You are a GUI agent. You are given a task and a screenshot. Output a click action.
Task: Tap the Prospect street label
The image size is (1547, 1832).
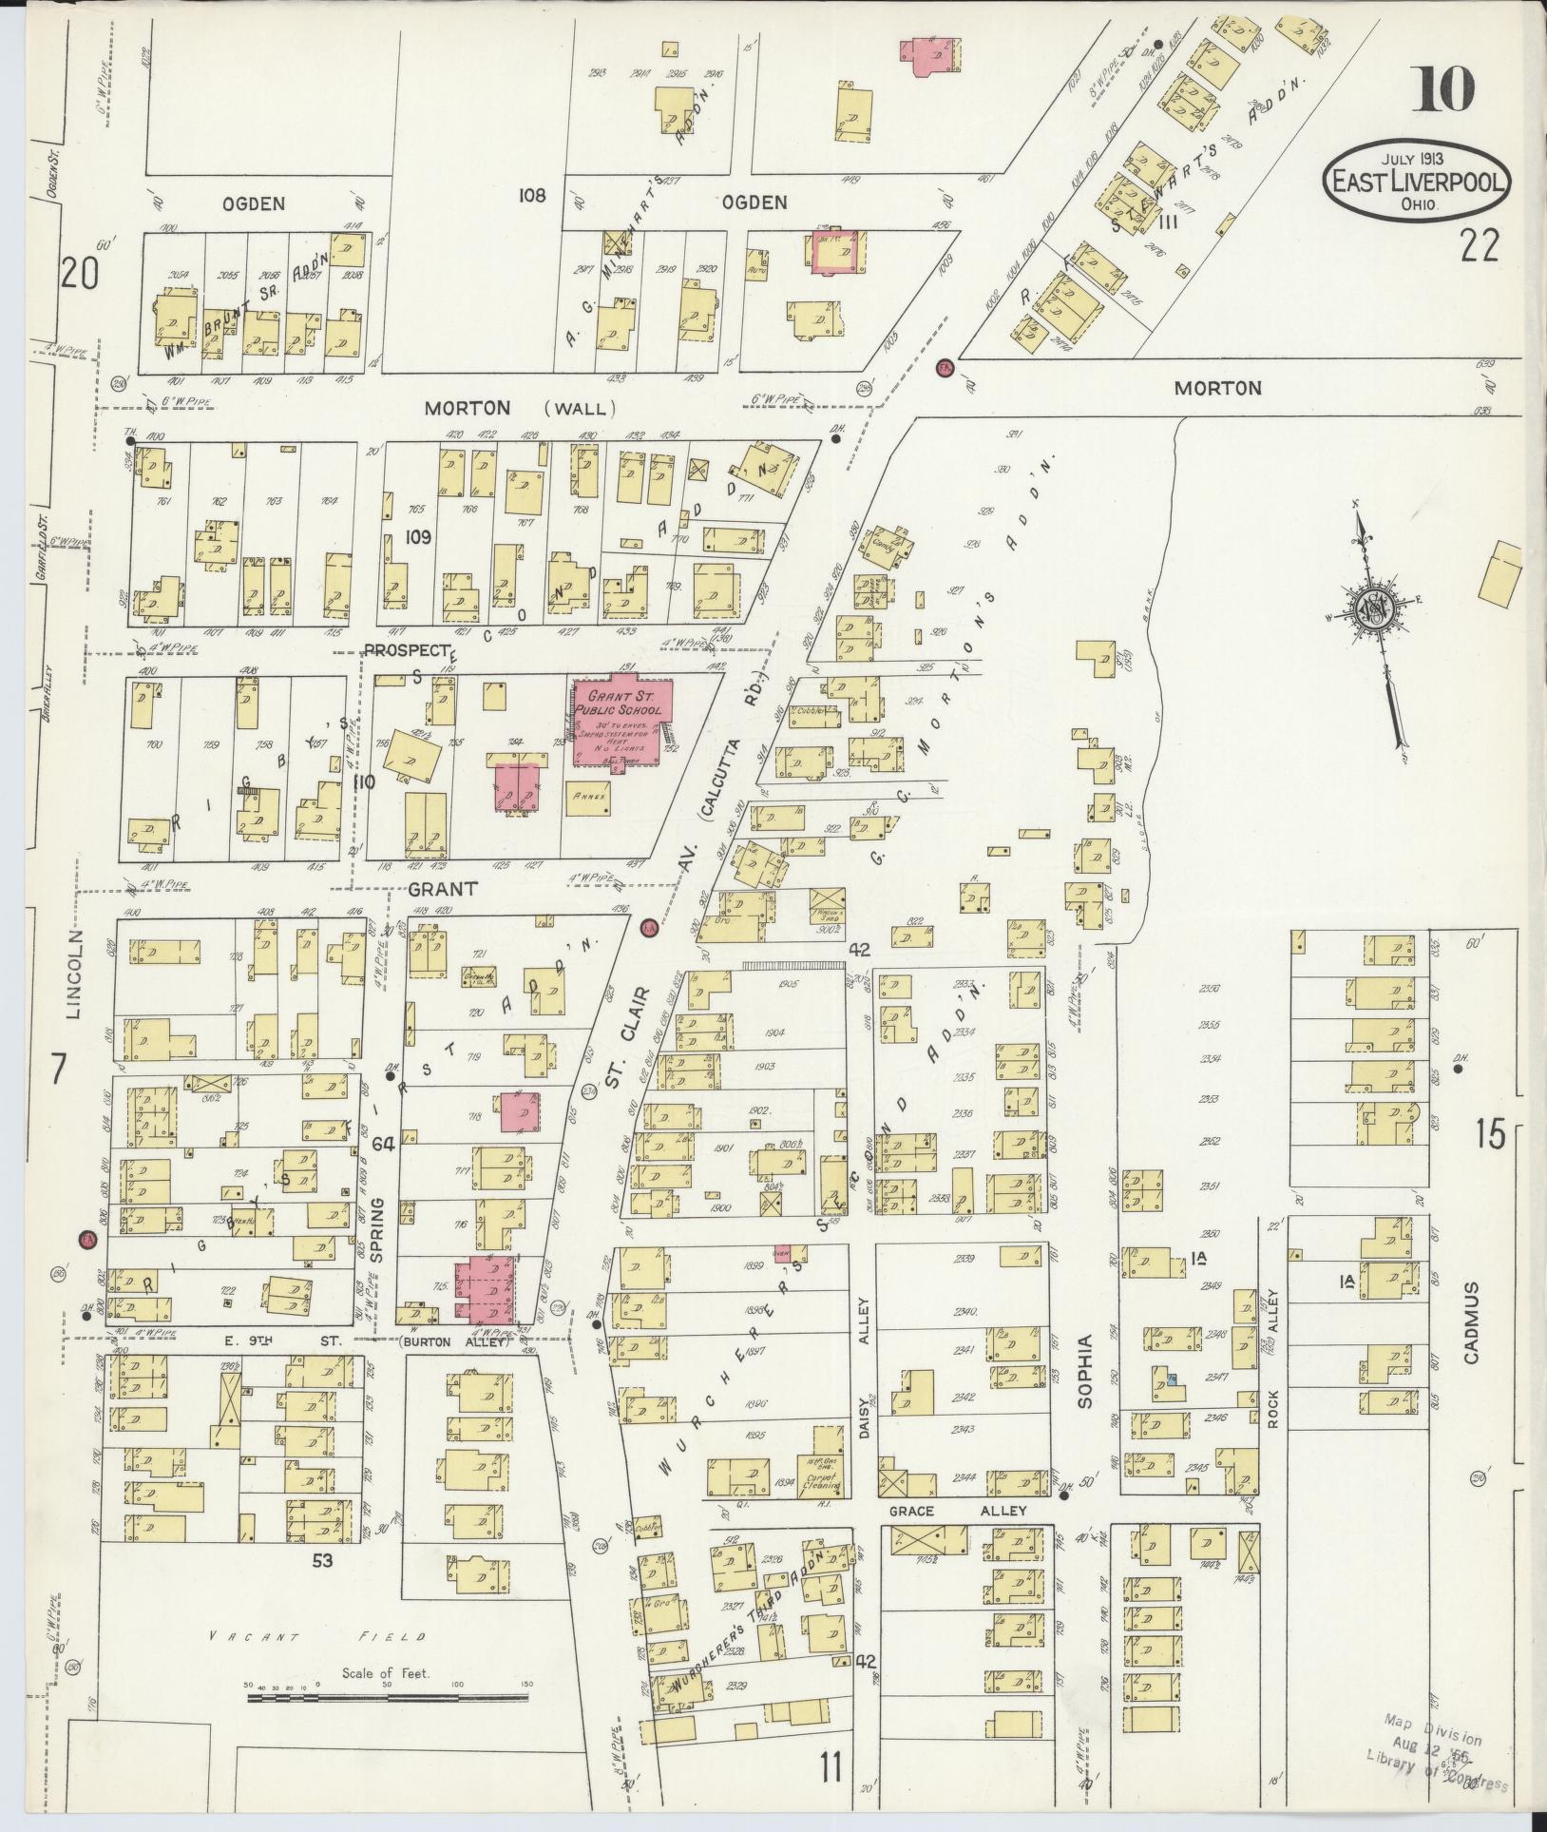(407, 650)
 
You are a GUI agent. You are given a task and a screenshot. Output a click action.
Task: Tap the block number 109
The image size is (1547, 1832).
(418, 537)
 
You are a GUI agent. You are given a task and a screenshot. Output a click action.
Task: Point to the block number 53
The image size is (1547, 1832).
(323, 1560)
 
